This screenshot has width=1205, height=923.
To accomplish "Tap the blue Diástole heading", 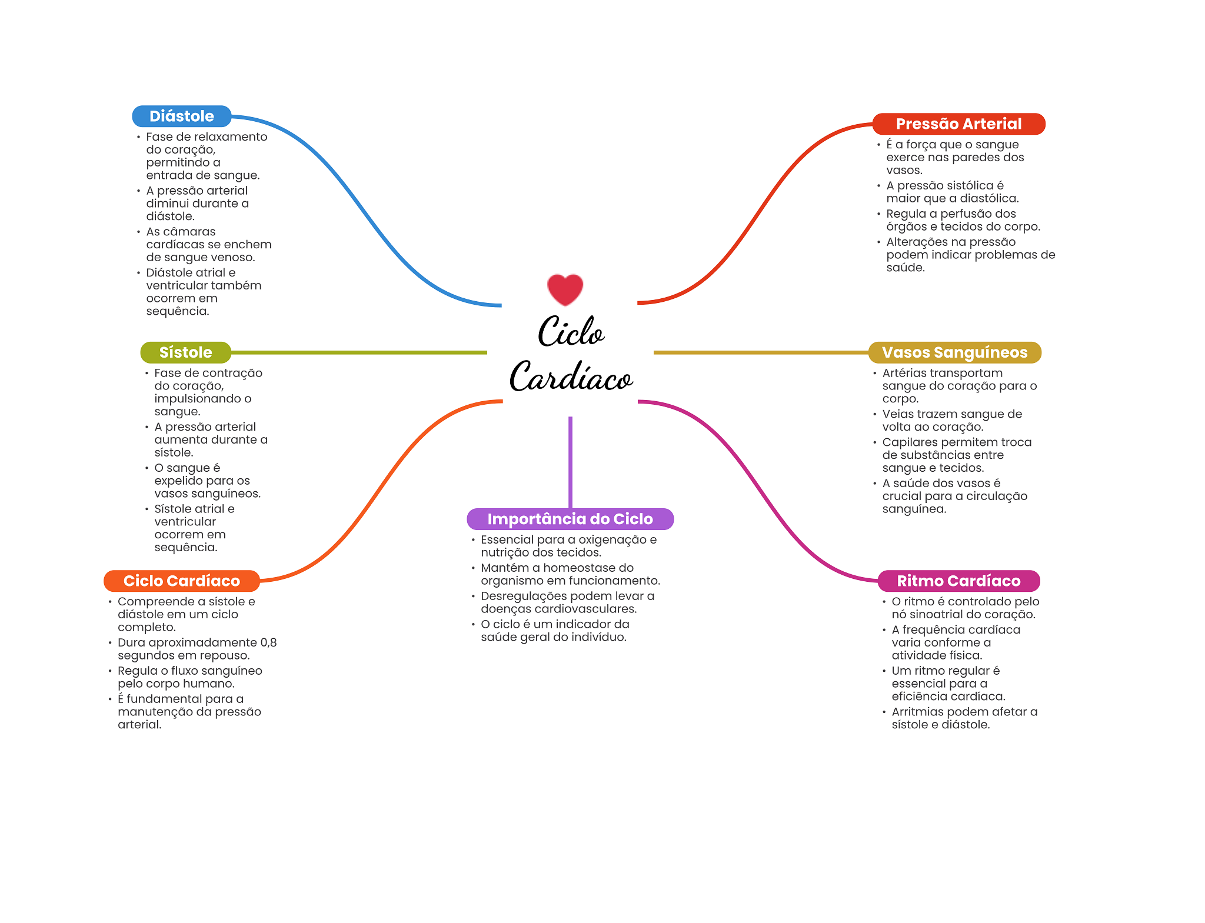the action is (x=182, y=116).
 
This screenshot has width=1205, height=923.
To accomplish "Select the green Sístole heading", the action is (x=185, y=352).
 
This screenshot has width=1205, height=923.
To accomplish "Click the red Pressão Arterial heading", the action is (x=958, y=124).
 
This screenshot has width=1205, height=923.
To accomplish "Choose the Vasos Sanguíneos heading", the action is (x=954, y=352).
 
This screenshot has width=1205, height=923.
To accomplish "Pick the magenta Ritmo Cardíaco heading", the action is (x=958, y=581).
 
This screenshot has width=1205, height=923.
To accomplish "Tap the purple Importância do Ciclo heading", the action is (x=570, y=519).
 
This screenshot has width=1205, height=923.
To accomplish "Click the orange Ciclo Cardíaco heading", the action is (x=182, y=581).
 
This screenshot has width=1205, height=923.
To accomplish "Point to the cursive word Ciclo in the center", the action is (x=571, y=331).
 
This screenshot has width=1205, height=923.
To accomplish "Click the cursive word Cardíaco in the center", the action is (x=571, y=376).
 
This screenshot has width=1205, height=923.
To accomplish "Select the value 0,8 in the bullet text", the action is (x=268, y=642).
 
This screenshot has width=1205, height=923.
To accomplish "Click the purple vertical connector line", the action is (x=570, y=462).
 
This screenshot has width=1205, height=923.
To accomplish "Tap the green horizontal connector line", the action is (x=359, y=352).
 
